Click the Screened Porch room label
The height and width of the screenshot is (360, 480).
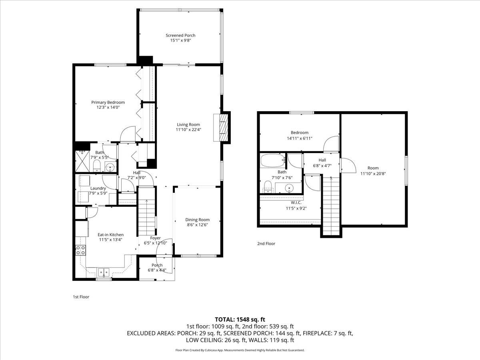tap(180, 36)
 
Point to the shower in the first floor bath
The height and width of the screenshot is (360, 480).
tap(83, 160)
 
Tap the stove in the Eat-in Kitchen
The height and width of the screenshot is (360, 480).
tap(80, 250)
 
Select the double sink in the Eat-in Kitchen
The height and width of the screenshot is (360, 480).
tap(104, 272)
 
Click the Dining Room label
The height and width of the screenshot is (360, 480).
tap(197, 220)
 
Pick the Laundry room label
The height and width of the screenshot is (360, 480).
tap(98, 188)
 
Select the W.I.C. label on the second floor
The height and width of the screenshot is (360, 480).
tap(293, 203)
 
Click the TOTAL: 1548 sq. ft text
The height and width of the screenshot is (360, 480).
tap(240, 319)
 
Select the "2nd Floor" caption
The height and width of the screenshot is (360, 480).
tap(266, 244)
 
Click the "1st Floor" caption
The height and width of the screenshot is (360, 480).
tap(81, 297)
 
